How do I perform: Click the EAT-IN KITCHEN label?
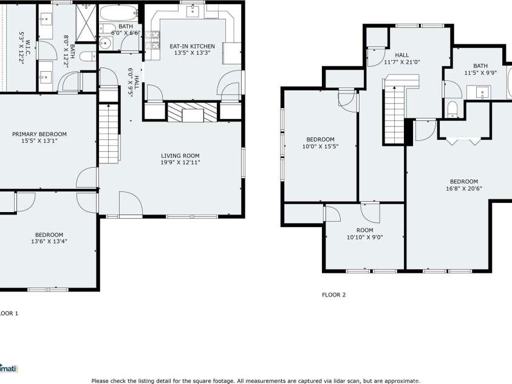pyautogui.click(x=192, y=46)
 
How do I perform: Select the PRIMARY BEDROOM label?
pyautogui.click(x=39, y=134)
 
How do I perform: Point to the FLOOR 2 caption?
pyautogui.click(x=333, y=295)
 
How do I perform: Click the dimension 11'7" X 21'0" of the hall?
pyautogui.click(x=402, y=61)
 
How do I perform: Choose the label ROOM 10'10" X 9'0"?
pyautogui.click(x=364, y=233)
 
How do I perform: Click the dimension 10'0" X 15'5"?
pyautogui.click(x=320, y=146)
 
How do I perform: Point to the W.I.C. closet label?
pyautogui.click(x=22, y=44)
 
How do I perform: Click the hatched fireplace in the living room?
pyautogui.click(x=192, y=112)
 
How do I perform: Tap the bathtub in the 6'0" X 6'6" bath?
pyautogui.click(x=119, y=13)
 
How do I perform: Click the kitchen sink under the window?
pyautogui.click(x=194, y=10)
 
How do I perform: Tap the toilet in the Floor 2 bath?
pyautogui.click(x=452, y=109)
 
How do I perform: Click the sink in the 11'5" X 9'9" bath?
pyautogui.click(x=482, y=93)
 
